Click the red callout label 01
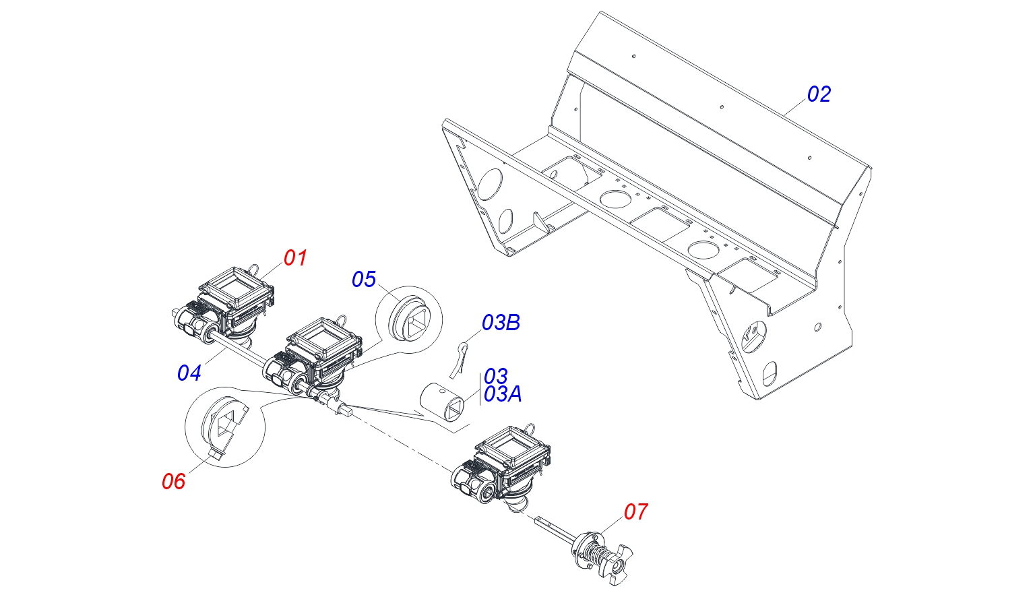click(295, 258)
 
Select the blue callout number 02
click(819, 94)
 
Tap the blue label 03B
click(501, 323)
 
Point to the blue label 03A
click(503, 394)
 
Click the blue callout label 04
click(189, 373)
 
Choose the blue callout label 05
click(364, 280)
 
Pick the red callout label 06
click(173, 481)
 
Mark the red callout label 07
click(635, 512)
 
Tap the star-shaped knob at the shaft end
click(614, 563)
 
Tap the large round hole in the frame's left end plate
click(490, 182)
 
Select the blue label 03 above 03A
click(495, 376)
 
